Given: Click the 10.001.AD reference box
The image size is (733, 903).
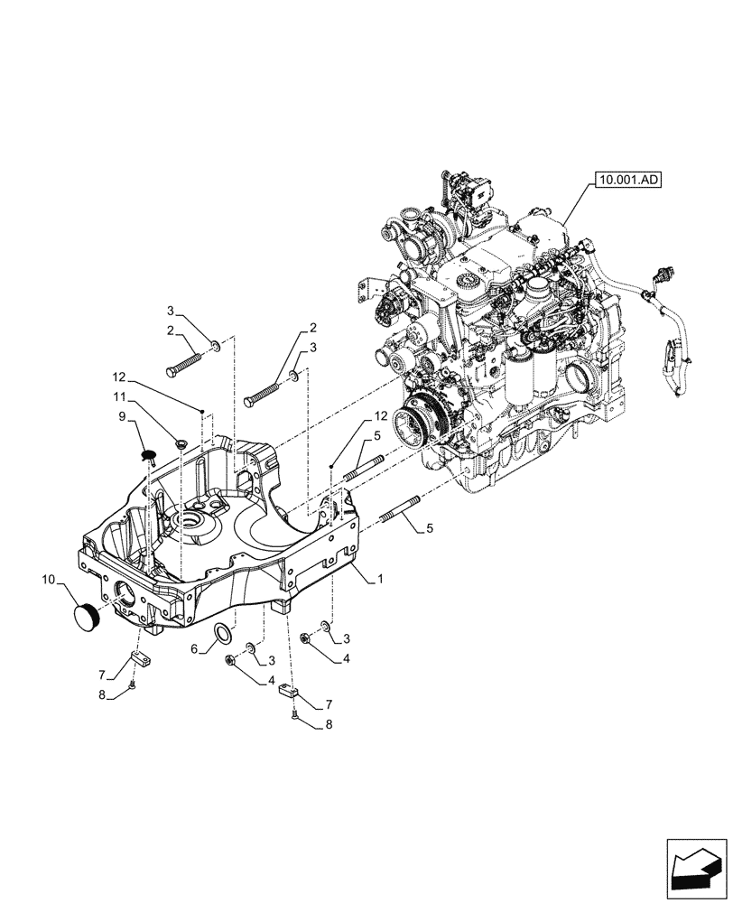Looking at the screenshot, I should [628, 181].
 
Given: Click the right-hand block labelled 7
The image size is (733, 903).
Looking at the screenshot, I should [288, 692].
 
